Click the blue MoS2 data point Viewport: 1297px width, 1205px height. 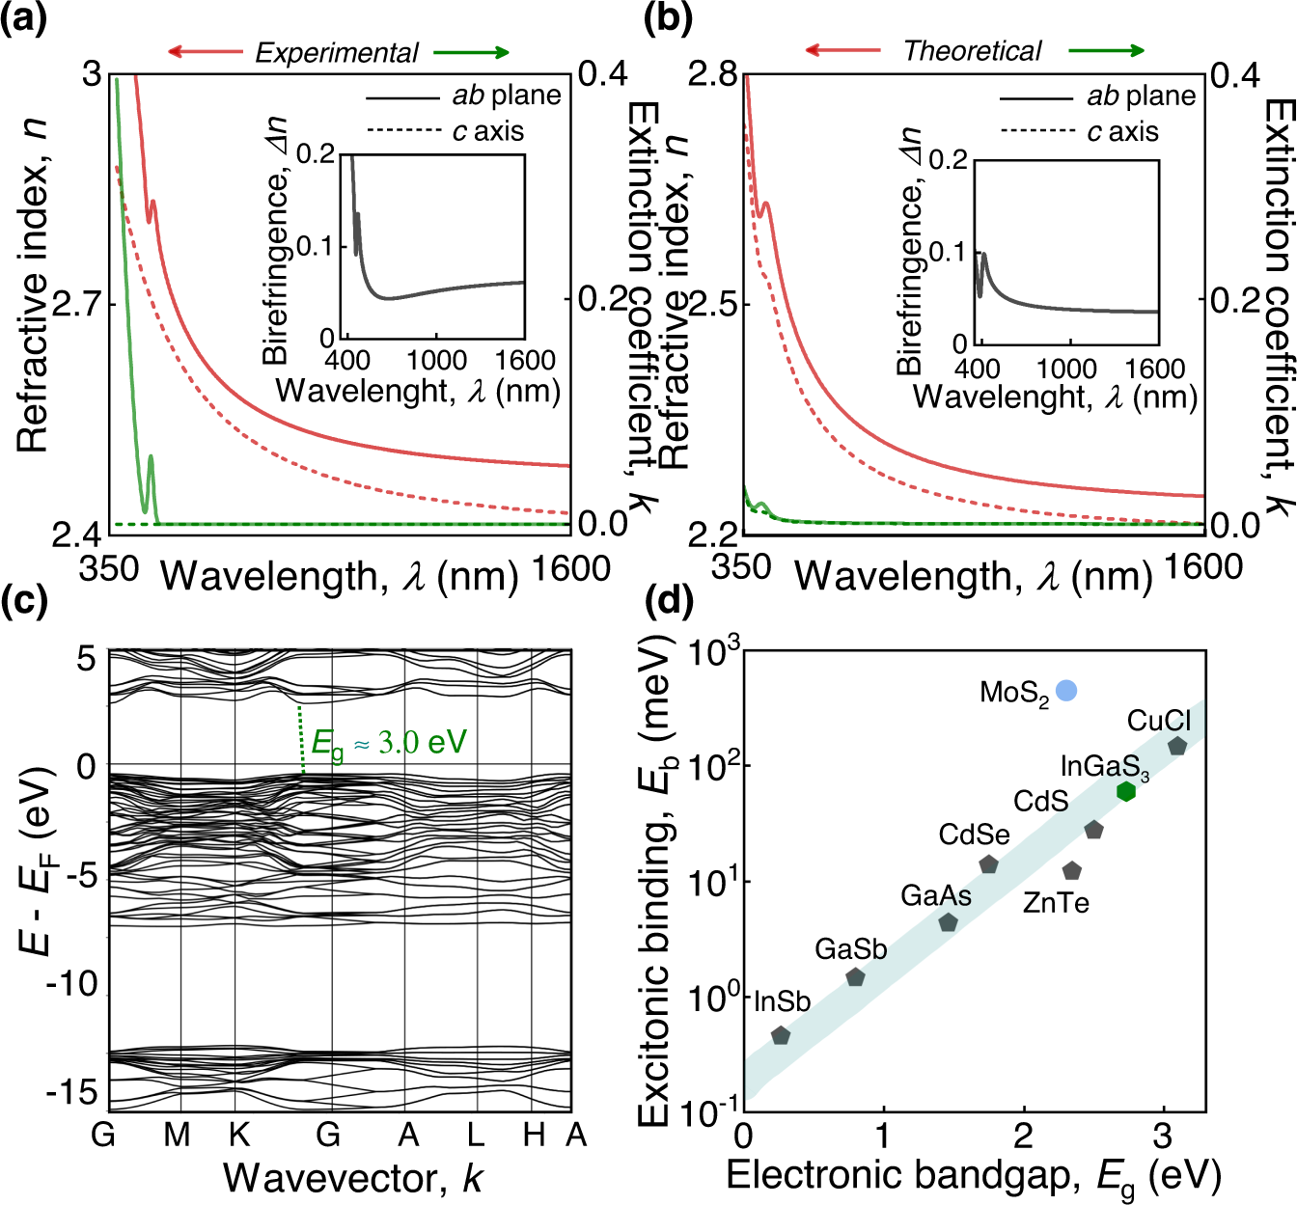(x=1065, y=691)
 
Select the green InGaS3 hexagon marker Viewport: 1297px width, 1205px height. (x=1125, y=791)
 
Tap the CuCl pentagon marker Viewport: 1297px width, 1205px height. (x=1177, y=746)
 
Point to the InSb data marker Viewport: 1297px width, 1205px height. (x=781, y=1036)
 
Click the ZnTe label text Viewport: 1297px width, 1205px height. (x=1056, y=903)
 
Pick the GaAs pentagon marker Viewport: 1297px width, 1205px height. (x=948, y=923)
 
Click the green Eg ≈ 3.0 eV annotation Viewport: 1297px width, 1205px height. (x=389, y=743)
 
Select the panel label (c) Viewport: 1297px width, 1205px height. (x=24, y=601)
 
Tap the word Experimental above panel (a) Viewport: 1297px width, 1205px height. (x=337, y=52)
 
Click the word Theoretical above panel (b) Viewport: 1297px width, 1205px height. (x=972, y=51)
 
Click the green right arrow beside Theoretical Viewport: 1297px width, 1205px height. (x=1107, y=50)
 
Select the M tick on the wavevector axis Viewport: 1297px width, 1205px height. (x=177, y=1136)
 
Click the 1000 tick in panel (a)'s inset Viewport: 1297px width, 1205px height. (x=436, y=361)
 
